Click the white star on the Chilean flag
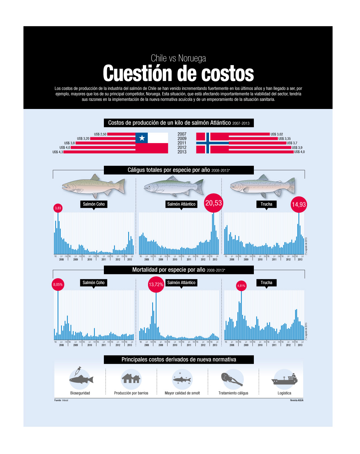(142, 138)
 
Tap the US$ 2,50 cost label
(100, 134)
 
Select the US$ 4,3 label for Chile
(58, 152)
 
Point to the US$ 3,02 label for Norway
(277, 134)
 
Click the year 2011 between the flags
(182, 143)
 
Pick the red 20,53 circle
(214, 203)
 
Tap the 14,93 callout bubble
(299, 205)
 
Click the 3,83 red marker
(58, 208)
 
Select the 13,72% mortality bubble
(156, 285)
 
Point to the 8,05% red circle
(58, 285)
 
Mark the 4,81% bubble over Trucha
(241, 286)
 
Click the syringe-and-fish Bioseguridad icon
(80, 378)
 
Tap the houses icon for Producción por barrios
(131, 378)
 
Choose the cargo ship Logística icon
(284, 379)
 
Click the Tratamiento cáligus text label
(233, 393)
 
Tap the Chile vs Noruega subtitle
(178, 58)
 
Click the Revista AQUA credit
(297, 400)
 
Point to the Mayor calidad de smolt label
(182, 393)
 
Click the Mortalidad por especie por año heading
(179, 270)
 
